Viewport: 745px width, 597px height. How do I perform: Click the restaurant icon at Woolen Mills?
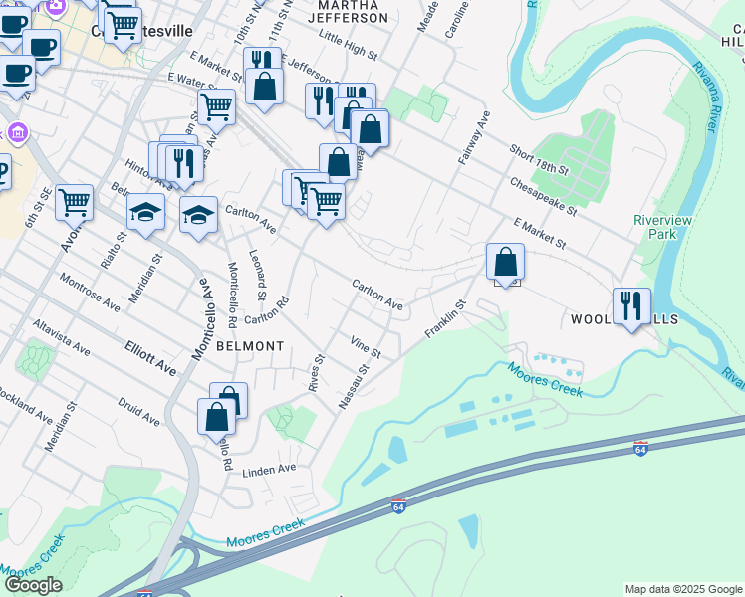pos(631,306)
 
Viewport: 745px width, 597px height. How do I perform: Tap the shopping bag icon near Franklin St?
pos(506,263)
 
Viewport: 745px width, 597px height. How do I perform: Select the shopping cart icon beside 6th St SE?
pos(75,203)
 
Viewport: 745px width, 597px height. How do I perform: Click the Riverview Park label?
pos(654,227)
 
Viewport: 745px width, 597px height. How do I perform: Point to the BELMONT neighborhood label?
pos(246,346)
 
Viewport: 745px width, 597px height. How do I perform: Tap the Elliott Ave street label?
pos(150,359)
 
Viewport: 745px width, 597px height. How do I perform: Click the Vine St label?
pos(366,347)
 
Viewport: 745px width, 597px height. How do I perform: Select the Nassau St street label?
pos(354,385)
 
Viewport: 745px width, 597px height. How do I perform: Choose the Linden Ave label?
pos(270,469)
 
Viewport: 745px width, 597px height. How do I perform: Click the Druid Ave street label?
pos(137,414)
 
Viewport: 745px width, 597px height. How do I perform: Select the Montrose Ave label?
pos(90,293)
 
